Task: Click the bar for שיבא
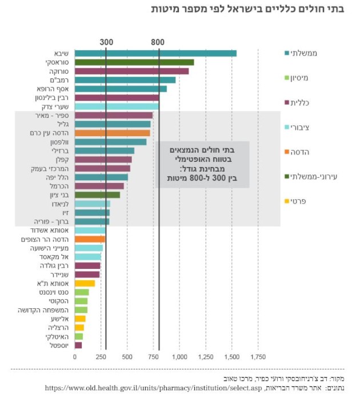(x=155, y=53)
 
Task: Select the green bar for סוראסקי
(x=134, y=62)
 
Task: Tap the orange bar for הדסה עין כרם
(x=112, y=133)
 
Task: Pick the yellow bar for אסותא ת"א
(x=85, y=283)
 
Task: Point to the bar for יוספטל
(x=78, y=345)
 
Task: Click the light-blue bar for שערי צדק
(x=117, y=106)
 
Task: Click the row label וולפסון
(x=58, y=142)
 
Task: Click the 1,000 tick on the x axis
(x=180, y=357)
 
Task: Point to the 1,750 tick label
(x=258, y=357)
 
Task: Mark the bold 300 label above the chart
(x=106, y=42)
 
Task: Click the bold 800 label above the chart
(x=158, y=42)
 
